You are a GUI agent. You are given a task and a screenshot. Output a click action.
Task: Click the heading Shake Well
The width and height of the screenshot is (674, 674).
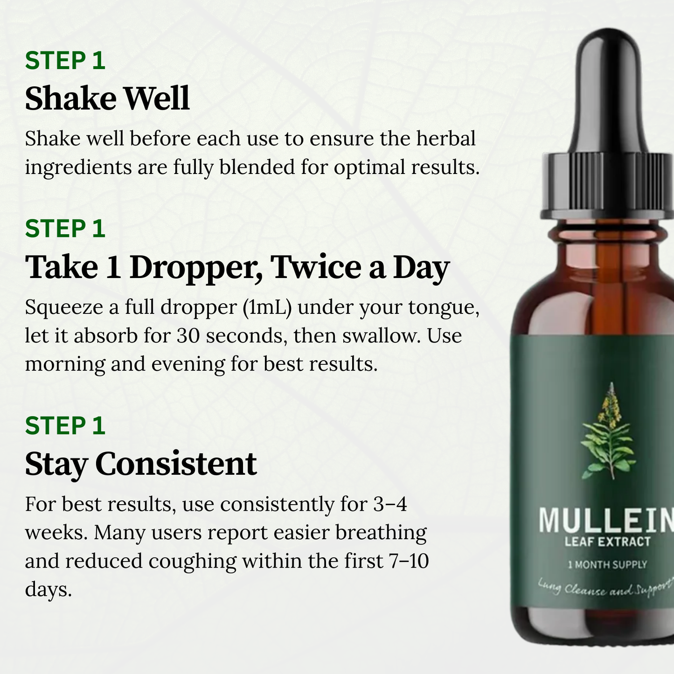click(x=107, y=98)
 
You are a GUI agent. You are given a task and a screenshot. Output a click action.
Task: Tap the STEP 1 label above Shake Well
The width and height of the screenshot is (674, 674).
click(x=65, y=61)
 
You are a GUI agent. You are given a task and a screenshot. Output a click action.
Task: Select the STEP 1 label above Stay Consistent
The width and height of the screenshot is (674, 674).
click(x=65, y=426)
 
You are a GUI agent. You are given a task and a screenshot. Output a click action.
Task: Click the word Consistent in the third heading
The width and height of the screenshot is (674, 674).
click(x=176, y=464)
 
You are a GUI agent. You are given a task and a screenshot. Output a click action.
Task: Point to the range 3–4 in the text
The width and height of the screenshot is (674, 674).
click(x=390, y=504)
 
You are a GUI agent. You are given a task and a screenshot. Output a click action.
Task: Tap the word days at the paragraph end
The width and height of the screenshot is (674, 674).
click(x=48, y=590)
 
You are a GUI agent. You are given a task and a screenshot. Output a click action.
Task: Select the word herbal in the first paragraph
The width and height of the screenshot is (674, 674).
click(x=446, y=139)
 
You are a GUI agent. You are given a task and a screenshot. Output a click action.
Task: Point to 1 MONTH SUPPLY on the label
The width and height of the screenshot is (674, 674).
click(x=607, y=565)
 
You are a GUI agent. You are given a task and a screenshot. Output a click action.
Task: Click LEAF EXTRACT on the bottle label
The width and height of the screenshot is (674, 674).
click(x=607, y=542)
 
